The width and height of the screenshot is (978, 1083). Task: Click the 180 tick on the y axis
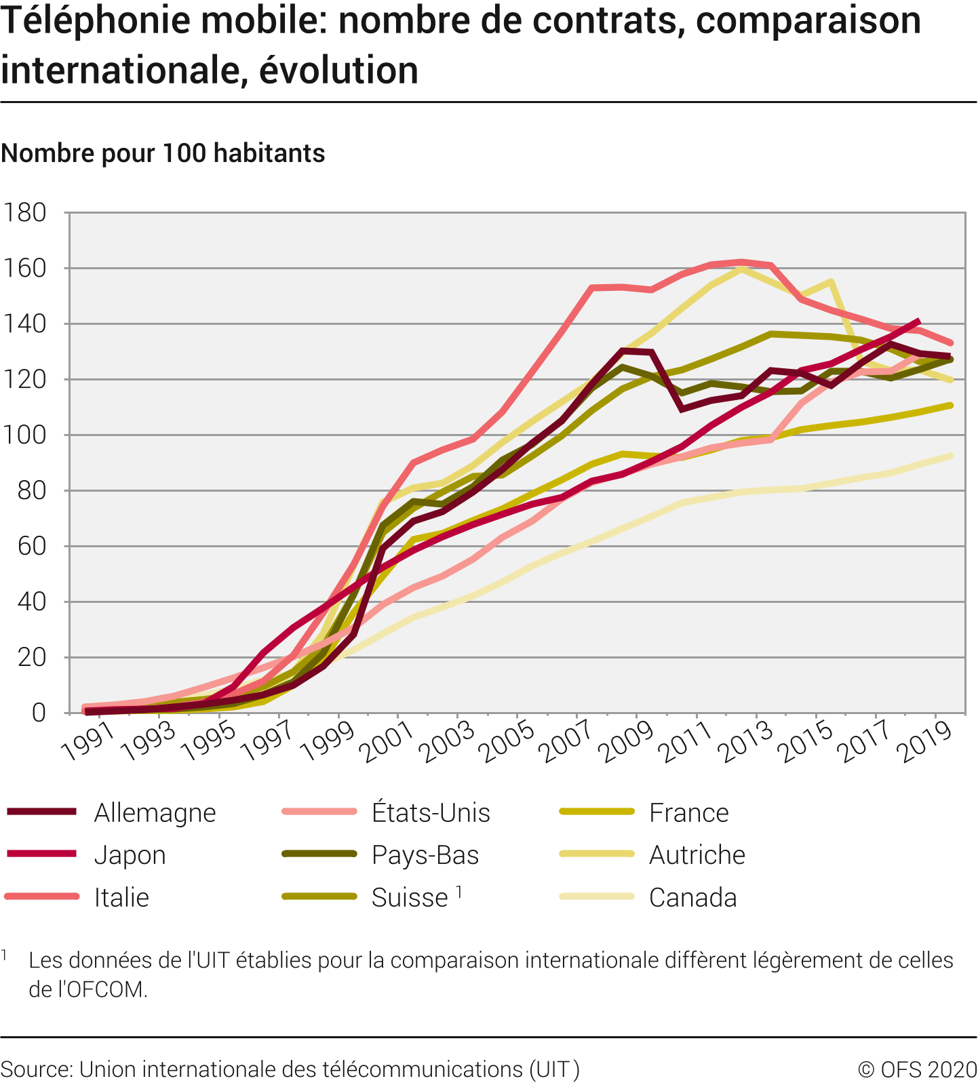pyautogui.click(x=25, y=213)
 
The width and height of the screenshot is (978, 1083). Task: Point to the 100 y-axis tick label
pyautogui.click(x=25, y=435)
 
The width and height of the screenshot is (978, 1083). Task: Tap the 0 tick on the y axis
pyautogui.click(x=39, y=713)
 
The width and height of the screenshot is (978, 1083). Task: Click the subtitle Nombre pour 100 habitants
pyautogui.click(x=163, y=153)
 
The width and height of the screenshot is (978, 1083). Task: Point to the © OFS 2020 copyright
pyautogui.click(x=917, y=1069)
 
